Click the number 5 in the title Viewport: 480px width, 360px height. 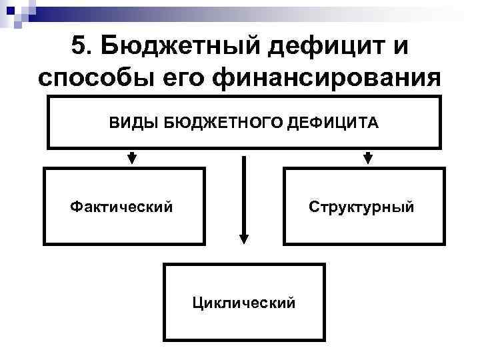point(77,47)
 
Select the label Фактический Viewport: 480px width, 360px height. point(121,207)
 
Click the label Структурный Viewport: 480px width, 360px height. point(361,207)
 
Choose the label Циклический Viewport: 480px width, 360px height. point(243,303)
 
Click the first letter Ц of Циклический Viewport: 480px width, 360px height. point(197,303)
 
